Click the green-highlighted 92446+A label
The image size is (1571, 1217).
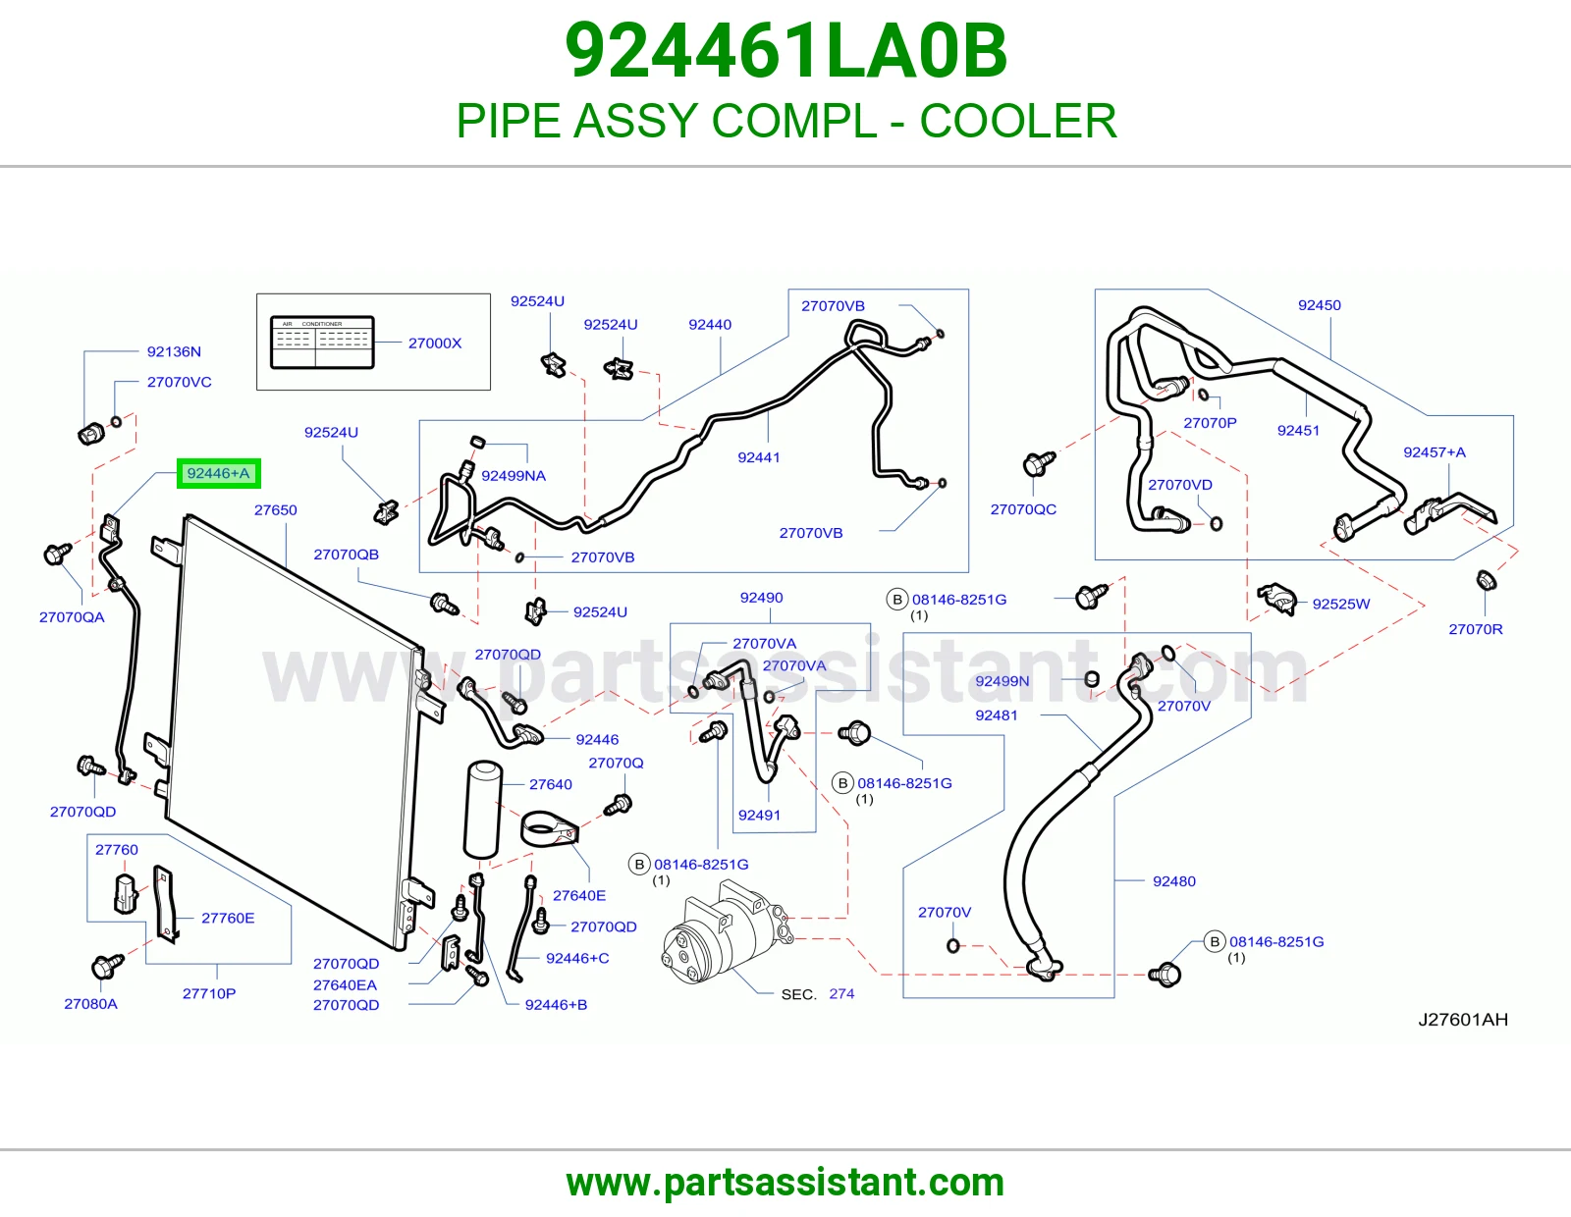pos(218,473)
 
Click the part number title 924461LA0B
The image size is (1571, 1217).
pos(785,51)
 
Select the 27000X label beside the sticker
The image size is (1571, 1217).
pos(435,344)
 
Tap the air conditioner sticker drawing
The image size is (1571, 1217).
pos(322,342)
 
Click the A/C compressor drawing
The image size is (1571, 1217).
pos(728,932)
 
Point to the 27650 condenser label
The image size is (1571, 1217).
pos(276,510)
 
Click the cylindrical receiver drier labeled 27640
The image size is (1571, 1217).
pos(483,809)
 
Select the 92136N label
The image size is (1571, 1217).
pos(174,352)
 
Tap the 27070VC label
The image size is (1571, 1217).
pos(180,383)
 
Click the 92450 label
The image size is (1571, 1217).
pos(1320,305)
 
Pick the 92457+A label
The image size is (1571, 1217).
pos(1435,452)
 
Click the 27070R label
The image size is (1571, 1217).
pos(1476,629)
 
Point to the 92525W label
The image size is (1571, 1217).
pos(1341,605)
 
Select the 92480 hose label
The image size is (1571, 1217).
pos(1174,881)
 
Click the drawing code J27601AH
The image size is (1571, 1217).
pos(1463,1020)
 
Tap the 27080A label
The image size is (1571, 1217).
pos(90,1004)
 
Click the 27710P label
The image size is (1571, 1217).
pos(209,993)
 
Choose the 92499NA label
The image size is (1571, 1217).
pos(514,476)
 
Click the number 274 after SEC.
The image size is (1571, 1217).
pos(841,993)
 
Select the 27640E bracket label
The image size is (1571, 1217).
pos(579,895)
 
